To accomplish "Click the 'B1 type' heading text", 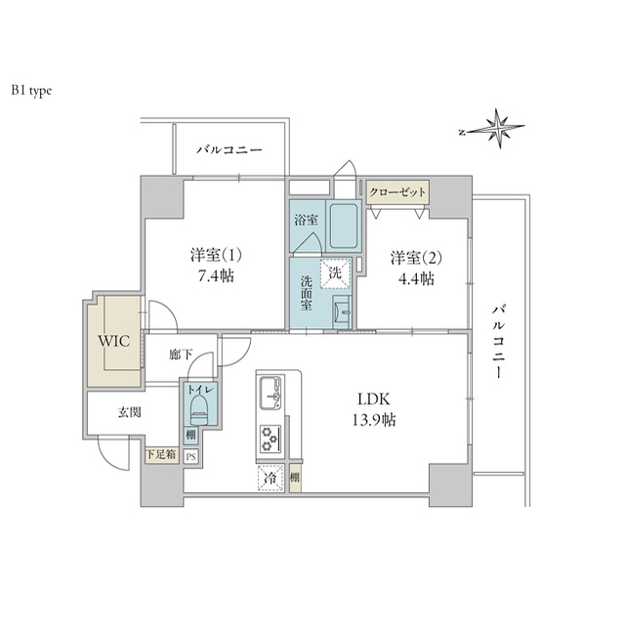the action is click(31, 91).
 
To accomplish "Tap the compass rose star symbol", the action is click(499, 129).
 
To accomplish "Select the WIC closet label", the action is click(114, 341).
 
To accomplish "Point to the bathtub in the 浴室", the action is click(343, 226).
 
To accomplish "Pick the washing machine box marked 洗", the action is click(336, 273).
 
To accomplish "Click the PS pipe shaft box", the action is click(191, 457).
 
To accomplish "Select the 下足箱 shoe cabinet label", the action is click(161, 454).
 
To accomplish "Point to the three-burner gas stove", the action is click(271, 439).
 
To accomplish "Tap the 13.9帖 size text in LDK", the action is click(373, 420).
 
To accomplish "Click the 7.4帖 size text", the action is click(217, 275).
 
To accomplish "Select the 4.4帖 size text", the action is click(416, 278).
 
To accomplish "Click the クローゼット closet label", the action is click(397, 192).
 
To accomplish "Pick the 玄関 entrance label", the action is click(130, 412).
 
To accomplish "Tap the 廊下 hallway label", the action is click(181, 354).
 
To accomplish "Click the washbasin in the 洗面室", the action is click(342, 312).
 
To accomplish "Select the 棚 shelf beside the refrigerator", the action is click(295, 478).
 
